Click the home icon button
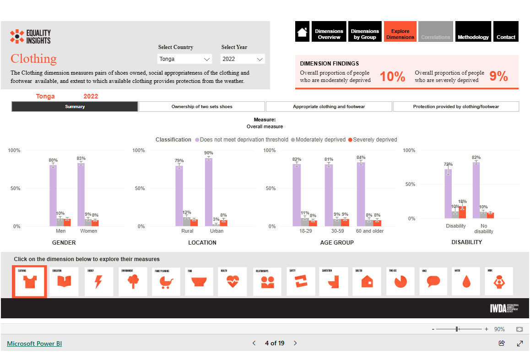tap(302, 32)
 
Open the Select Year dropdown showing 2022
tap(243, 59)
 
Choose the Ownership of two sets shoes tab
tap(202, 107)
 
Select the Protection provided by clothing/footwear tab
tap(456, 107)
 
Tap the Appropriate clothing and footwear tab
tap(329, 107)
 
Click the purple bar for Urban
tap(209, 192)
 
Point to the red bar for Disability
tap(463, 212)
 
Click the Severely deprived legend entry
tap(373, 140)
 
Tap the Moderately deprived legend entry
tap(319, 140)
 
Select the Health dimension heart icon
tap(233, 282)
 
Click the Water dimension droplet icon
tap(466, 282)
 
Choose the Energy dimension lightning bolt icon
tap(98, 282)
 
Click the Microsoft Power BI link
tap(34, 344)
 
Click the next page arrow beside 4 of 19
tap(295, 343)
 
